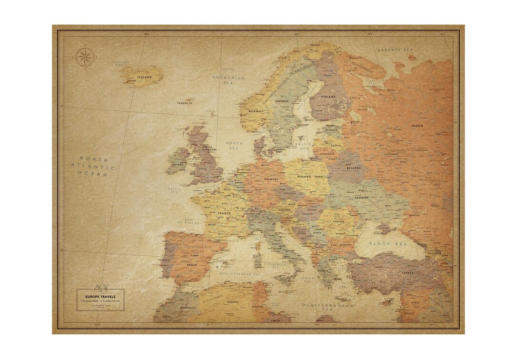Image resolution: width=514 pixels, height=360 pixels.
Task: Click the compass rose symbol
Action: click(x=85, y=58)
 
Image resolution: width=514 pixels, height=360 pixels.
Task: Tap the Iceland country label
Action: click(x=144, y=77)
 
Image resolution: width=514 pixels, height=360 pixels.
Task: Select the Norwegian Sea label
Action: click(x=228, y=80)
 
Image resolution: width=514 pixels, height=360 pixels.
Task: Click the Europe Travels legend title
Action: click(x=100, y=297)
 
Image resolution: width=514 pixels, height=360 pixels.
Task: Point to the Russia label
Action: click(x=417, y=126)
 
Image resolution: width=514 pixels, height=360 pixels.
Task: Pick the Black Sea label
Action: click(x=386, y=243)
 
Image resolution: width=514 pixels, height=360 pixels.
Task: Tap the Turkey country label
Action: click(x=407, y=273)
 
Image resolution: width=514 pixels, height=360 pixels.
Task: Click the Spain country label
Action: click(x=192, y=265)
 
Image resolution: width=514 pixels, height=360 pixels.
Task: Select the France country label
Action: click(x=224, y=213)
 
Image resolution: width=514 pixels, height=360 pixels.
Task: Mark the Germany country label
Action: click(x=271, y=179)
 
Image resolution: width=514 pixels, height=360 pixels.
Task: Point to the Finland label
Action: click(x=329, y=97)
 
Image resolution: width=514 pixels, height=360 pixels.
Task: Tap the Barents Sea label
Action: click(x=396, y=50)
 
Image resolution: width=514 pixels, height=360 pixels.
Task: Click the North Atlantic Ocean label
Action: click(x=93, y=166)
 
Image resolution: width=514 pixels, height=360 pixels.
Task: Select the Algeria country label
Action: click(x=233, y=302)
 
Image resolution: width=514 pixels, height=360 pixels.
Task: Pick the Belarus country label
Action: click(x=354, y=168)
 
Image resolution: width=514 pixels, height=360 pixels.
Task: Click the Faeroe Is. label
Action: click(x=185, y=102)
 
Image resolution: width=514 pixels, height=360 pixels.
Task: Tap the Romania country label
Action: click(x=338, y=221)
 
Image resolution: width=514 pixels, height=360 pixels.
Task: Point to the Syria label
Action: click(x=415, y=302)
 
